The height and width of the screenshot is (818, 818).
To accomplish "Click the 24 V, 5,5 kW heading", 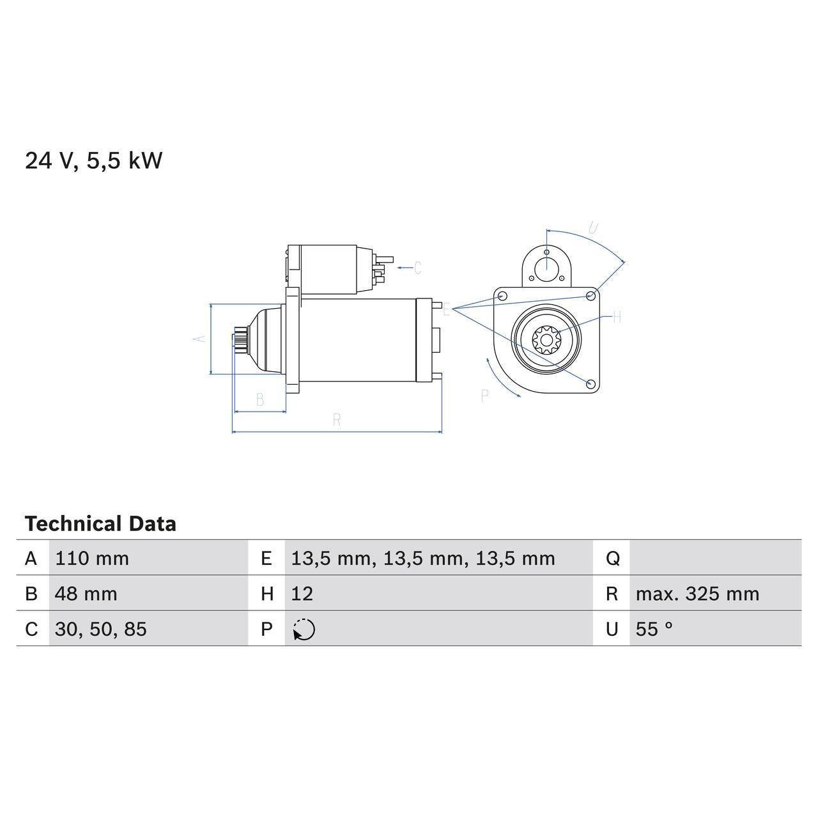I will (94, 160).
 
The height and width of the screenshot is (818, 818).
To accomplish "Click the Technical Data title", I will (100, 524).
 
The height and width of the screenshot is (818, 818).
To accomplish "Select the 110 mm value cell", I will (92, 559).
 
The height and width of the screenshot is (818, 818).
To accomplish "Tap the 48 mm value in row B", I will (86, 594).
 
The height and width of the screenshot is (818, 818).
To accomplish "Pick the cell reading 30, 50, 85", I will (101, 629).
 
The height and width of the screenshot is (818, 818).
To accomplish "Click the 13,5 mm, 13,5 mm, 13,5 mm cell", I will (423, 559).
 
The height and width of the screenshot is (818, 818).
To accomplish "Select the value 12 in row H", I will (302, 594).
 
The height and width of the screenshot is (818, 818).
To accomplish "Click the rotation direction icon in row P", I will (304, 629).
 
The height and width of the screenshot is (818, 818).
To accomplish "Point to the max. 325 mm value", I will (697, 594).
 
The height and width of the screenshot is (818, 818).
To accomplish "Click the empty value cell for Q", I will (714, 559).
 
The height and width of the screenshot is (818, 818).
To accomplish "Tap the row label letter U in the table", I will (612, 629).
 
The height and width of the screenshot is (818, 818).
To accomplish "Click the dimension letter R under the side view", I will (337, 420).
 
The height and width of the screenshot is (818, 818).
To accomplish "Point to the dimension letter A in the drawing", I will (201, 338).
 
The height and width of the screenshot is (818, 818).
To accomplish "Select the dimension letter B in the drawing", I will (260, 400).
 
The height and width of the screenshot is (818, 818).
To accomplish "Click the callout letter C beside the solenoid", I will (417, 268).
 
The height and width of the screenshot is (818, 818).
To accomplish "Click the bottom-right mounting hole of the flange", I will (590, 383).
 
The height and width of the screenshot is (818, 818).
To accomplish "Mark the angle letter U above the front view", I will (593, 228).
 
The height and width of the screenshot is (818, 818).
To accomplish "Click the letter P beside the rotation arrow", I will (484, 396).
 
